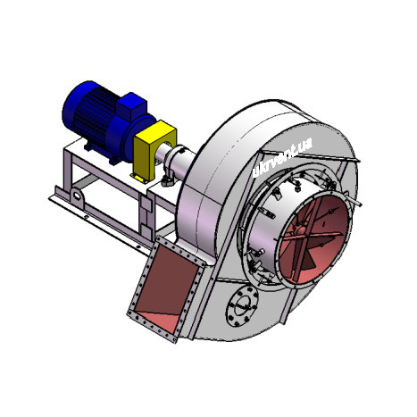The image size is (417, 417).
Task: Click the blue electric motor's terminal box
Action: point(131,106)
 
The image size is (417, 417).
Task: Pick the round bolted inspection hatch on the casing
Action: point(242,305)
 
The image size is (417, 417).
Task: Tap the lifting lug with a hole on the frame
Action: point(77,195)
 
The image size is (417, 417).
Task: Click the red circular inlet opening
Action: point(313,238)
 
